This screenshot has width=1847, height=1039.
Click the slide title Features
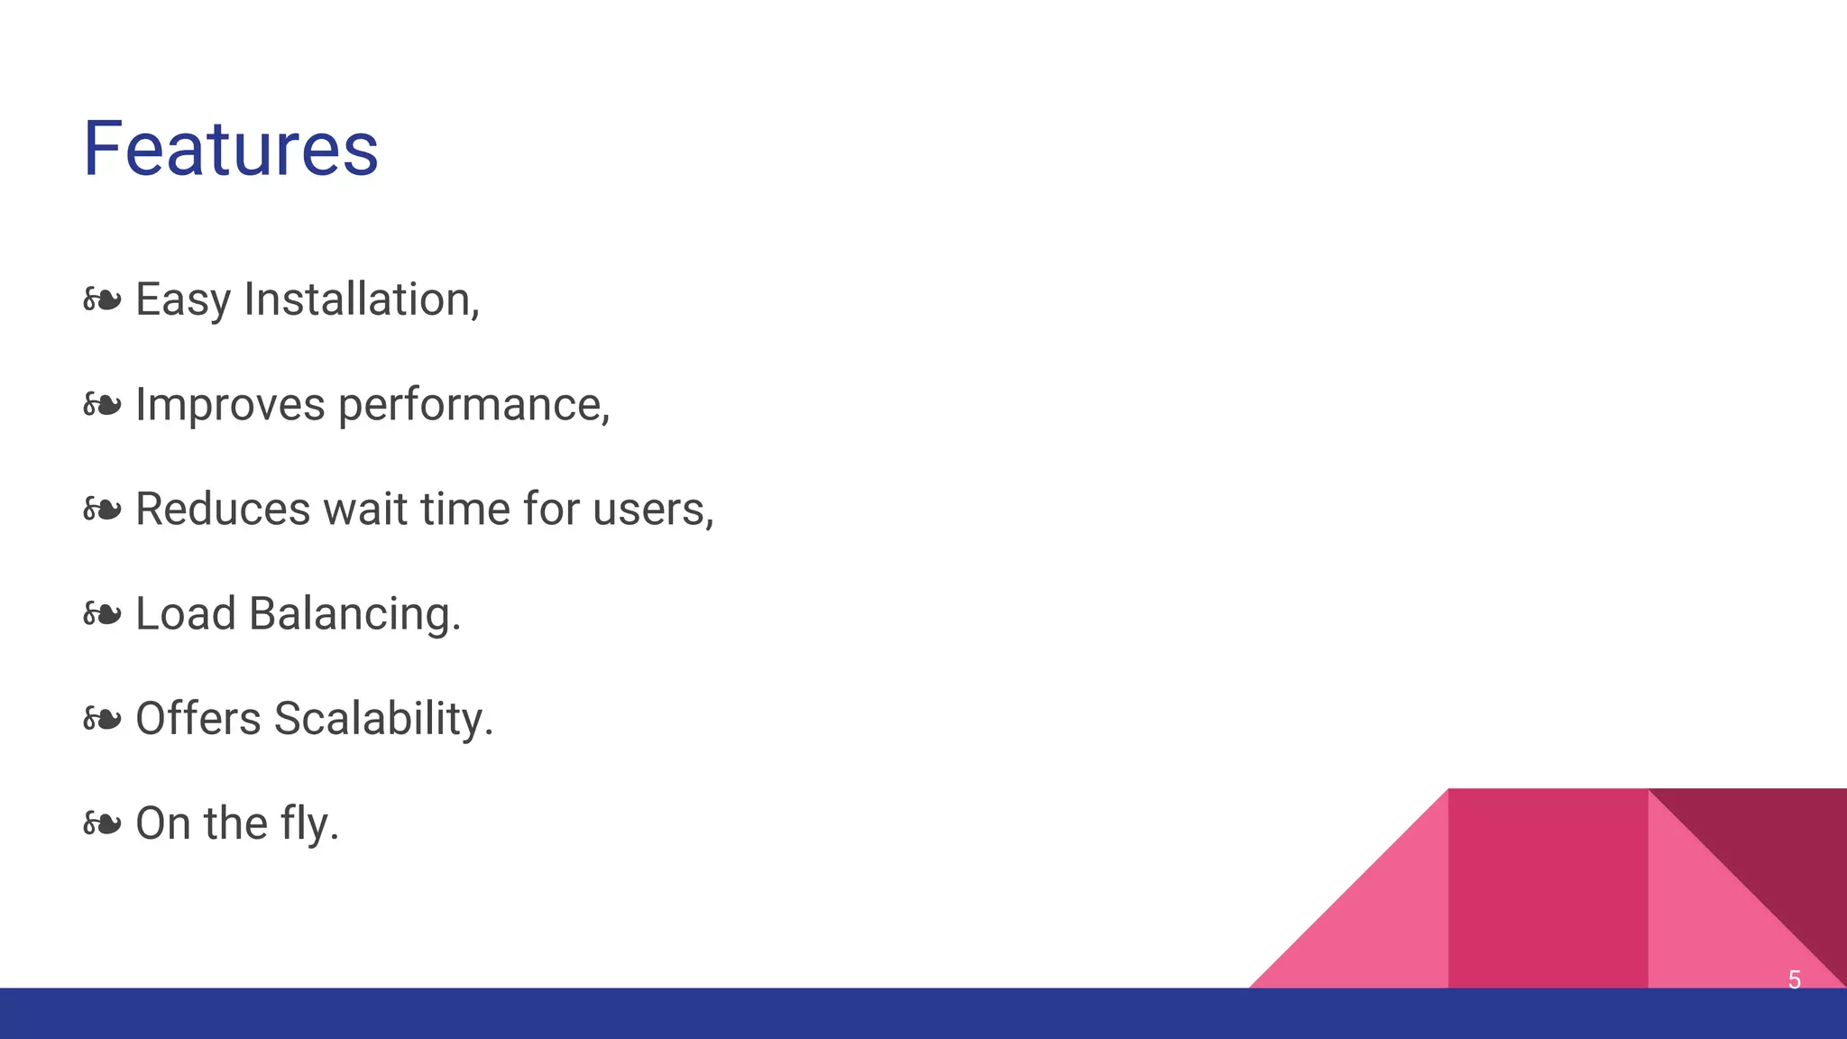click(x=231, y=149)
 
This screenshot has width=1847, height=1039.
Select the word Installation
click(x=361, y=299)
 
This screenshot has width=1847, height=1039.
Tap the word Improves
click(x=230, y=404)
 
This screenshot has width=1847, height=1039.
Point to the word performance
click(x=473, y=404)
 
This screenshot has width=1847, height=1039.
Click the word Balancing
click(x=354, y=613)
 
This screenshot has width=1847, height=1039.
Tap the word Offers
click(x=198, y=719)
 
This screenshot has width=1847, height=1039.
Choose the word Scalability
click(x=382, y=719)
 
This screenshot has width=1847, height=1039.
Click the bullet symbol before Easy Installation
click(x=102, y=299)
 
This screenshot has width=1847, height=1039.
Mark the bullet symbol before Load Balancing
click(x=102, y=614)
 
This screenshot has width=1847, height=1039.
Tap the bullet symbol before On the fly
click(x=102, y=823)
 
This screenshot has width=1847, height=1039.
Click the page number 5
click(x=1794, y=979)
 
